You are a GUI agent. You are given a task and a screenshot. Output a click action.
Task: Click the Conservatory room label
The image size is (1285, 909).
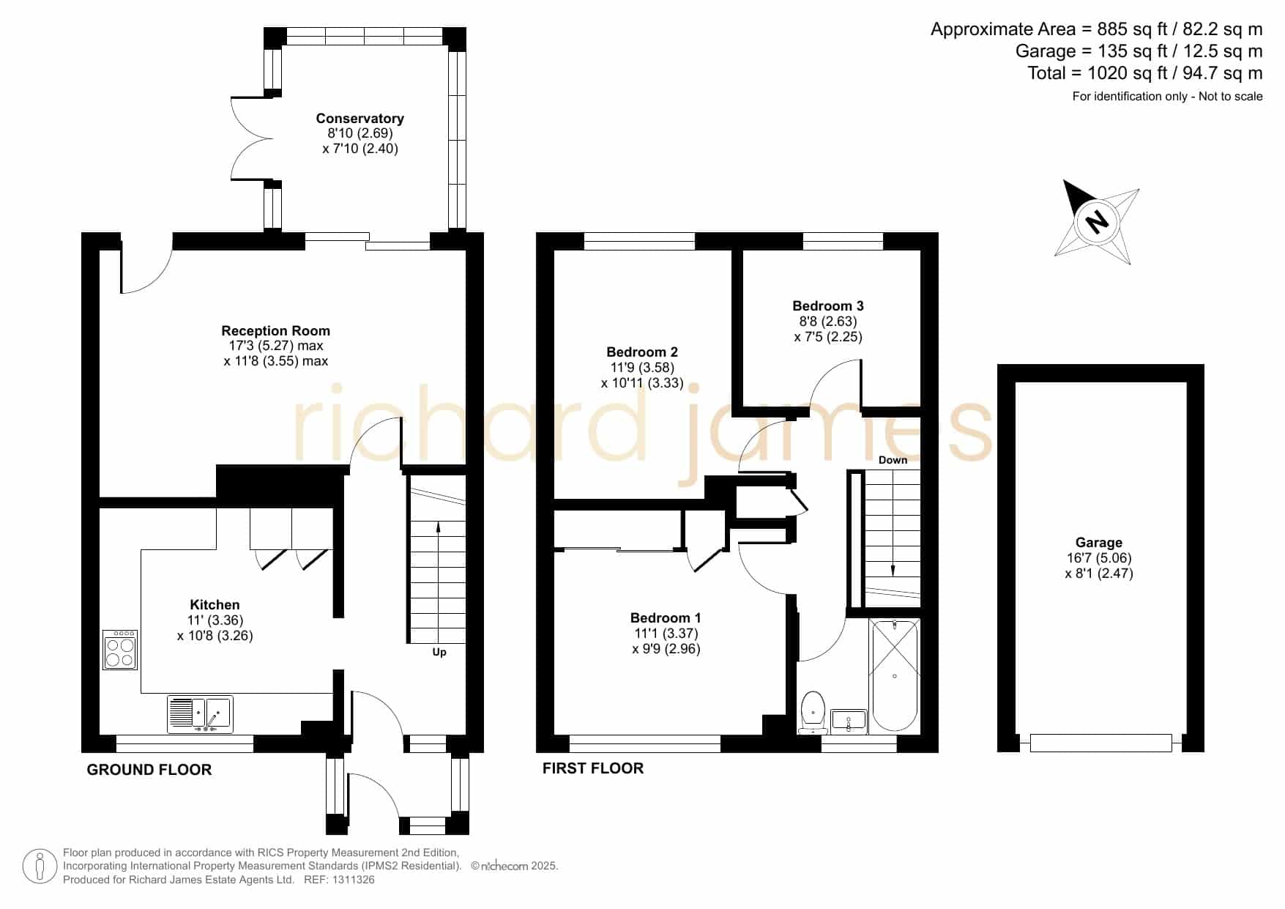[x=360, y=119]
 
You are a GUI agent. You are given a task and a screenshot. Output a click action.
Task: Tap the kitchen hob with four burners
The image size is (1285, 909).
[x=120, y=650]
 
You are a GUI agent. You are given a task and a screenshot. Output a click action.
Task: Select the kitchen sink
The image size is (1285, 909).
[x=200, y=714]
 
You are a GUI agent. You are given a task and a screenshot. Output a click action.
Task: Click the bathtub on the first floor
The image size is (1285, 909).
[x=895, y=675]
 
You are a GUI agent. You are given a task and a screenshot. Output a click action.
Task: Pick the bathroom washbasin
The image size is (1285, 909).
[x=849, y=721]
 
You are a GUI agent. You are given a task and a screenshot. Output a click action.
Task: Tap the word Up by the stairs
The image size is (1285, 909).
[x=439, y=652]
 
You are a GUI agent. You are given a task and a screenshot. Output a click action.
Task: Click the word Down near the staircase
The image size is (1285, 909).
[x=893, y=460]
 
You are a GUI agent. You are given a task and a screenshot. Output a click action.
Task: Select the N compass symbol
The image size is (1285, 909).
[x=1097, y=221]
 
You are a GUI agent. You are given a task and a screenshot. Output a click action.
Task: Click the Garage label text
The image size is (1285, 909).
[x=1098, y=543]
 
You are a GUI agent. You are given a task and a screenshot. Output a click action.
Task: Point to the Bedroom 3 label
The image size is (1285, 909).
[x=828, y=306]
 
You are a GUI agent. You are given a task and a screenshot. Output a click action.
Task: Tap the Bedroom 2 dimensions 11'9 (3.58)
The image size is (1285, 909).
[x=642, y=368]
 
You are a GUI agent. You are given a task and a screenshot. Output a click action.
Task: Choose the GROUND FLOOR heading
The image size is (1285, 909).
[x=149, y=770]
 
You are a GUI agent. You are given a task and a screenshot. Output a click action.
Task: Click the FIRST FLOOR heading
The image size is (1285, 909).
[x=593, y=768]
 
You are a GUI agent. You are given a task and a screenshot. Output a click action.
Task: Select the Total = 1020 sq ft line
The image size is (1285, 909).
[x=1145, y=73]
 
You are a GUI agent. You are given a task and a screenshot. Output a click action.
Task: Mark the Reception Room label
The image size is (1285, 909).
[x=275, y=331]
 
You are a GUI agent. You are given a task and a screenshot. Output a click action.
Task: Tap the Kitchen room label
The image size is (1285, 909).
[x=215, y=605]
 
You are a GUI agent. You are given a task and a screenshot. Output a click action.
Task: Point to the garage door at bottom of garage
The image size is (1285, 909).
[x=1100, y=743]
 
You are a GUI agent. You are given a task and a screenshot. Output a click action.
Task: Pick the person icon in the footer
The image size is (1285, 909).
[x=40, y=867]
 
